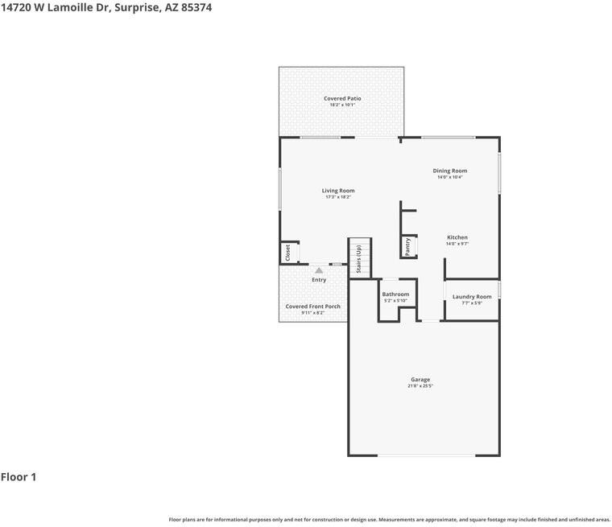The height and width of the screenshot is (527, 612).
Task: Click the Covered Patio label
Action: click(x=342, y=98)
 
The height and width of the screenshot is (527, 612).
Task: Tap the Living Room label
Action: click(x=338, y=191)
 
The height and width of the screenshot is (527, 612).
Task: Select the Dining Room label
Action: click(x=449, y=171)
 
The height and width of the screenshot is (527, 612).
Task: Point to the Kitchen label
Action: click(x=457, y=237)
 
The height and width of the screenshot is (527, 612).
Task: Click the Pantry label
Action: click(x=408, y=245)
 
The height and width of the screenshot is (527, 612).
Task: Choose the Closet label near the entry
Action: click(x=287, y=253)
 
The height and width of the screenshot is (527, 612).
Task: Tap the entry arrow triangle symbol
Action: click(x=319, y=270)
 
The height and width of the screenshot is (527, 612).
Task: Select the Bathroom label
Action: click(x=395, y=294)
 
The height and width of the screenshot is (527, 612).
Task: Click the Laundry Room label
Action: click(x=472, y=297)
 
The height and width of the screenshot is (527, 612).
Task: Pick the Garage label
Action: click(x=420, y=380)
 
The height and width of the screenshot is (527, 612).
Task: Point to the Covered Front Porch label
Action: click(x=312, y=307)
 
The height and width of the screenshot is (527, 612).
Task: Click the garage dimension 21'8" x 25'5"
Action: click(x=420, y=386)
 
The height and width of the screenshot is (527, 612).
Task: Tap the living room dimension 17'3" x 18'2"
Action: click(x=338, y=197)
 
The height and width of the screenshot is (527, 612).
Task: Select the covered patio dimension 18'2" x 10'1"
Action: click(x=342, y=105)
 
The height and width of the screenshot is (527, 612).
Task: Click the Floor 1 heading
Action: click(x=19, y=477)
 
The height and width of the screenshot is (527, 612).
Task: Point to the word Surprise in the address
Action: click(x=136, y=6)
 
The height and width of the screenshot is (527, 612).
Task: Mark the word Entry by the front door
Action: click(x=319, y=280)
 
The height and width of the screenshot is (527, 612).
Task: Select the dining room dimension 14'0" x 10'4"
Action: click(x=449, y=177)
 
